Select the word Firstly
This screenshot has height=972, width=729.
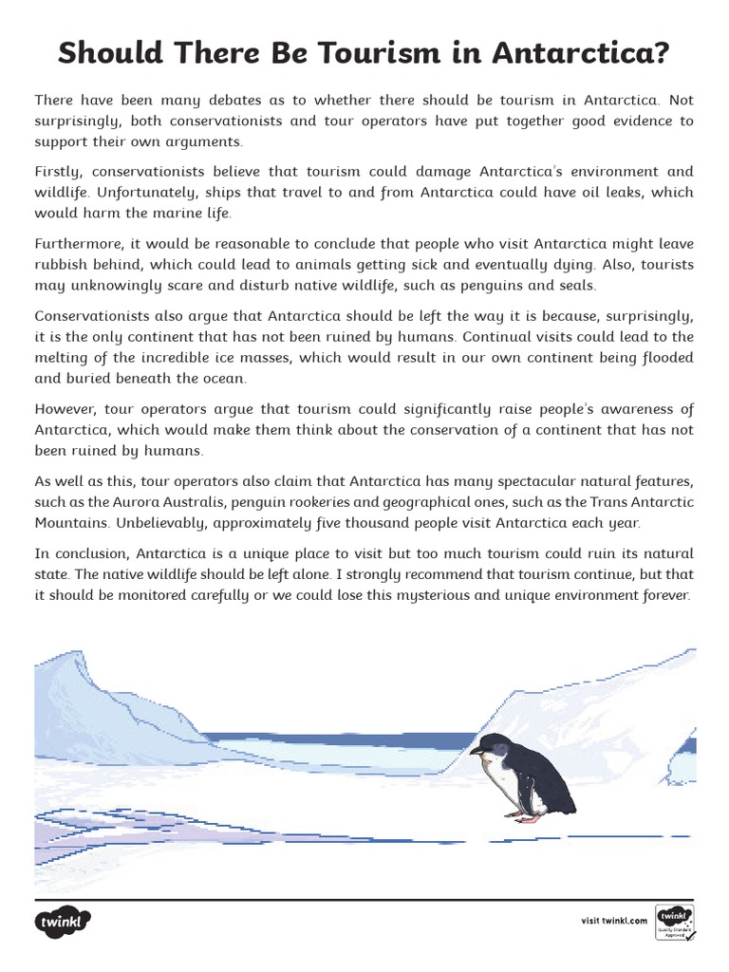[x=60, y=172]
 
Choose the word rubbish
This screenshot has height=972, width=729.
[x=64, y=265]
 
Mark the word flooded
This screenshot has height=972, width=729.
[x=663, y=357]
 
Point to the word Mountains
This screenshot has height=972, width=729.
[x=72, y=522]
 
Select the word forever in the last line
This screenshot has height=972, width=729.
[x=661, y=595]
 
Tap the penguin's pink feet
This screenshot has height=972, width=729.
[x=524, y=816]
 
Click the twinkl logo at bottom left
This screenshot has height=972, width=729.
[x=64, y=921]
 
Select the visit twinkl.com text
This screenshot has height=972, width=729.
[x=613, y=921]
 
